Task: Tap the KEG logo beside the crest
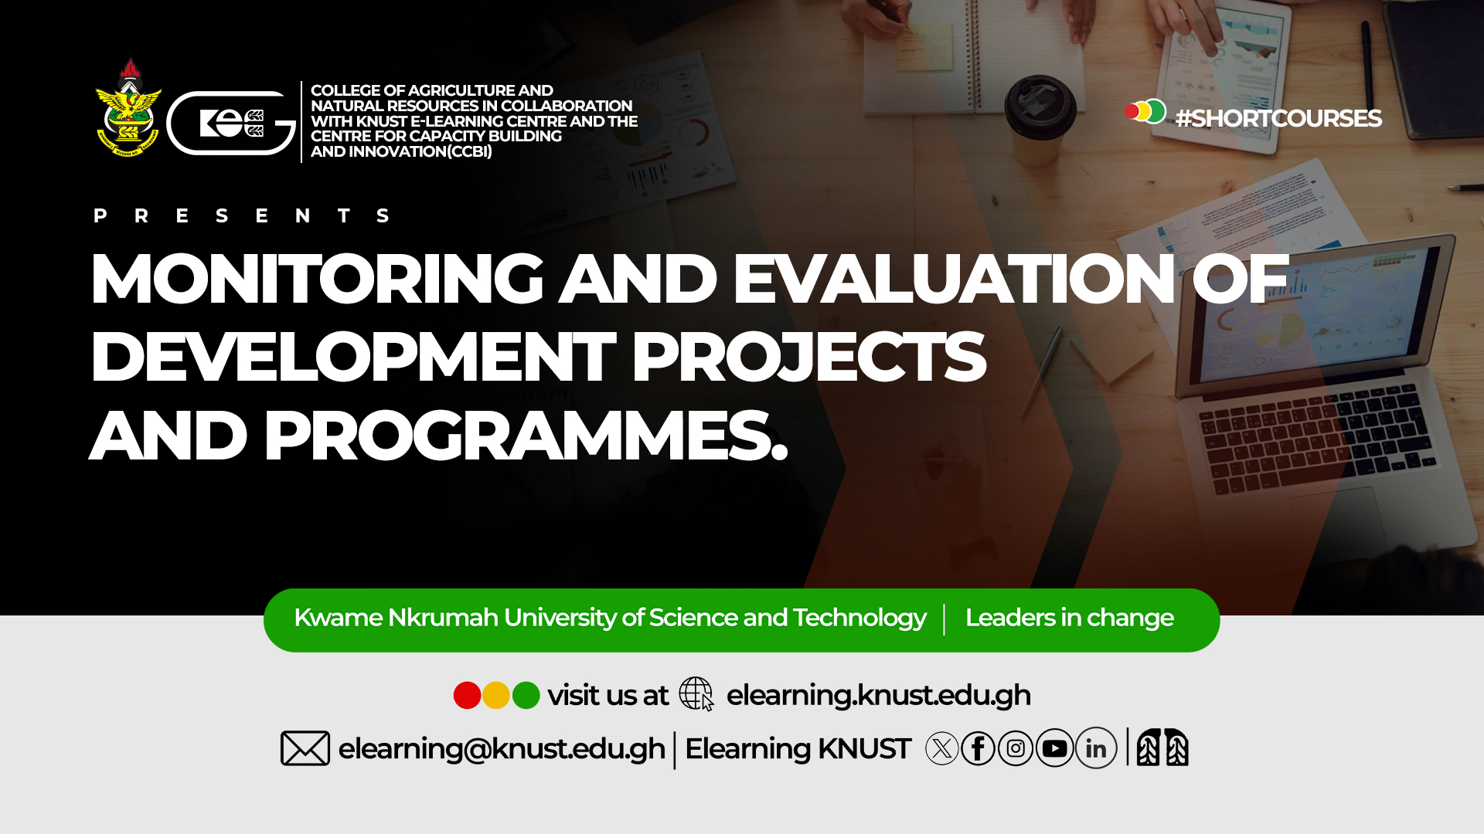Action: (231, 123)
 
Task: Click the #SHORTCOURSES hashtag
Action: (1278, 118)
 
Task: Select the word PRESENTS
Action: (241, 215)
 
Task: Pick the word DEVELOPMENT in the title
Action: (353, 356)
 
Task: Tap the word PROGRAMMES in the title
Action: (526, 436)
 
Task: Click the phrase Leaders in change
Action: (1069, 618)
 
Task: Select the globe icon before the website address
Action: (696, 693)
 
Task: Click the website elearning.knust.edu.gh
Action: (878, 695)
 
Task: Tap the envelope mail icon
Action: (305, 748)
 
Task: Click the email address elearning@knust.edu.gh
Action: (502, 749)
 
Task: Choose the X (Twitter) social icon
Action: (941, 748)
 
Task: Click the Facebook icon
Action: (979, 748)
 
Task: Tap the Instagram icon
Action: (1016, 748)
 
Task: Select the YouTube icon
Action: (1055, 748)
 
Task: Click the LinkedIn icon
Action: (1096, 748)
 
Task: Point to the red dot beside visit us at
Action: (467, 695)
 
